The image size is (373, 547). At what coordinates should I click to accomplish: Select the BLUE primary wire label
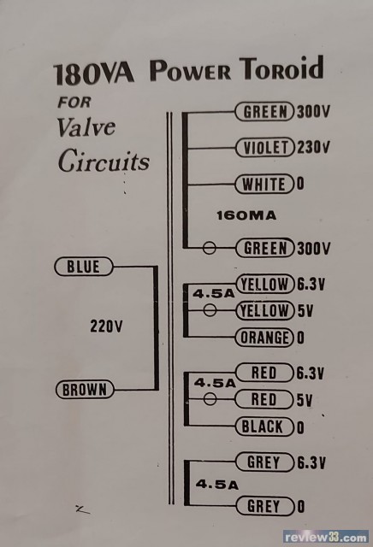[x=84, y=267]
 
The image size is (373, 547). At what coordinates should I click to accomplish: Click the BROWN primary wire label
[x=85, y=390]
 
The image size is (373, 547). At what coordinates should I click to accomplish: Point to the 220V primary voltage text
[x=106, y=326]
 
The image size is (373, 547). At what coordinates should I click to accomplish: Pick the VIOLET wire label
[x=265, y=147]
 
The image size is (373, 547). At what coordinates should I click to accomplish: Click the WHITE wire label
[x=264, y=184]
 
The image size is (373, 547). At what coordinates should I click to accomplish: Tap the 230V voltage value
[x=314, y=147]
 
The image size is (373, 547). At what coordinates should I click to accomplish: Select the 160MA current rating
[x=246, y=215]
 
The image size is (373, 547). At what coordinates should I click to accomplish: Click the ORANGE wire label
[x=264, y=338]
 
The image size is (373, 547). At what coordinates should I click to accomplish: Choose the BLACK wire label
[x=264, y=426]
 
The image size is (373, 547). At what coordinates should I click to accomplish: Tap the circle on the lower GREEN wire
[x=210, y=249]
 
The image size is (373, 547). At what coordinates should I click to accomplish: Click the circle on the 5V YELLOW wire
[x=210, y=309]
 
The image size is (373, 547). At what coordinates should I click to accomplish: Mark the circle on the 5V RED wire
[x=210, y=399]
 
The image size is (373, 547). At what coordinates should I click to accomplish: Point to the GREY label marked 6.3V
[x=264, y=462]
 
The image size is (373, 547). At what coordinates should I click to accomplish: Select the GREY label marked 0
[x=264, y=506]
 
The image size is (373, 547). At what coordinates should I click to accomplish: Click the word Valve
[x=86, y=127]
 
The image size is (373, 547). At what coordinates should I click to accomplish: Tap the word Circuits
[x=104, y=162]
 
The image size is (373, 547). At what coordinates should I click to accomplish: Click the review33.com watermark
[x=326, y=538]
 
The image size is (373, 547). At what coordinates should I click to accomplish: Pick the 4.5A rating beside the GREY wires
[x=217, y=485]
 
